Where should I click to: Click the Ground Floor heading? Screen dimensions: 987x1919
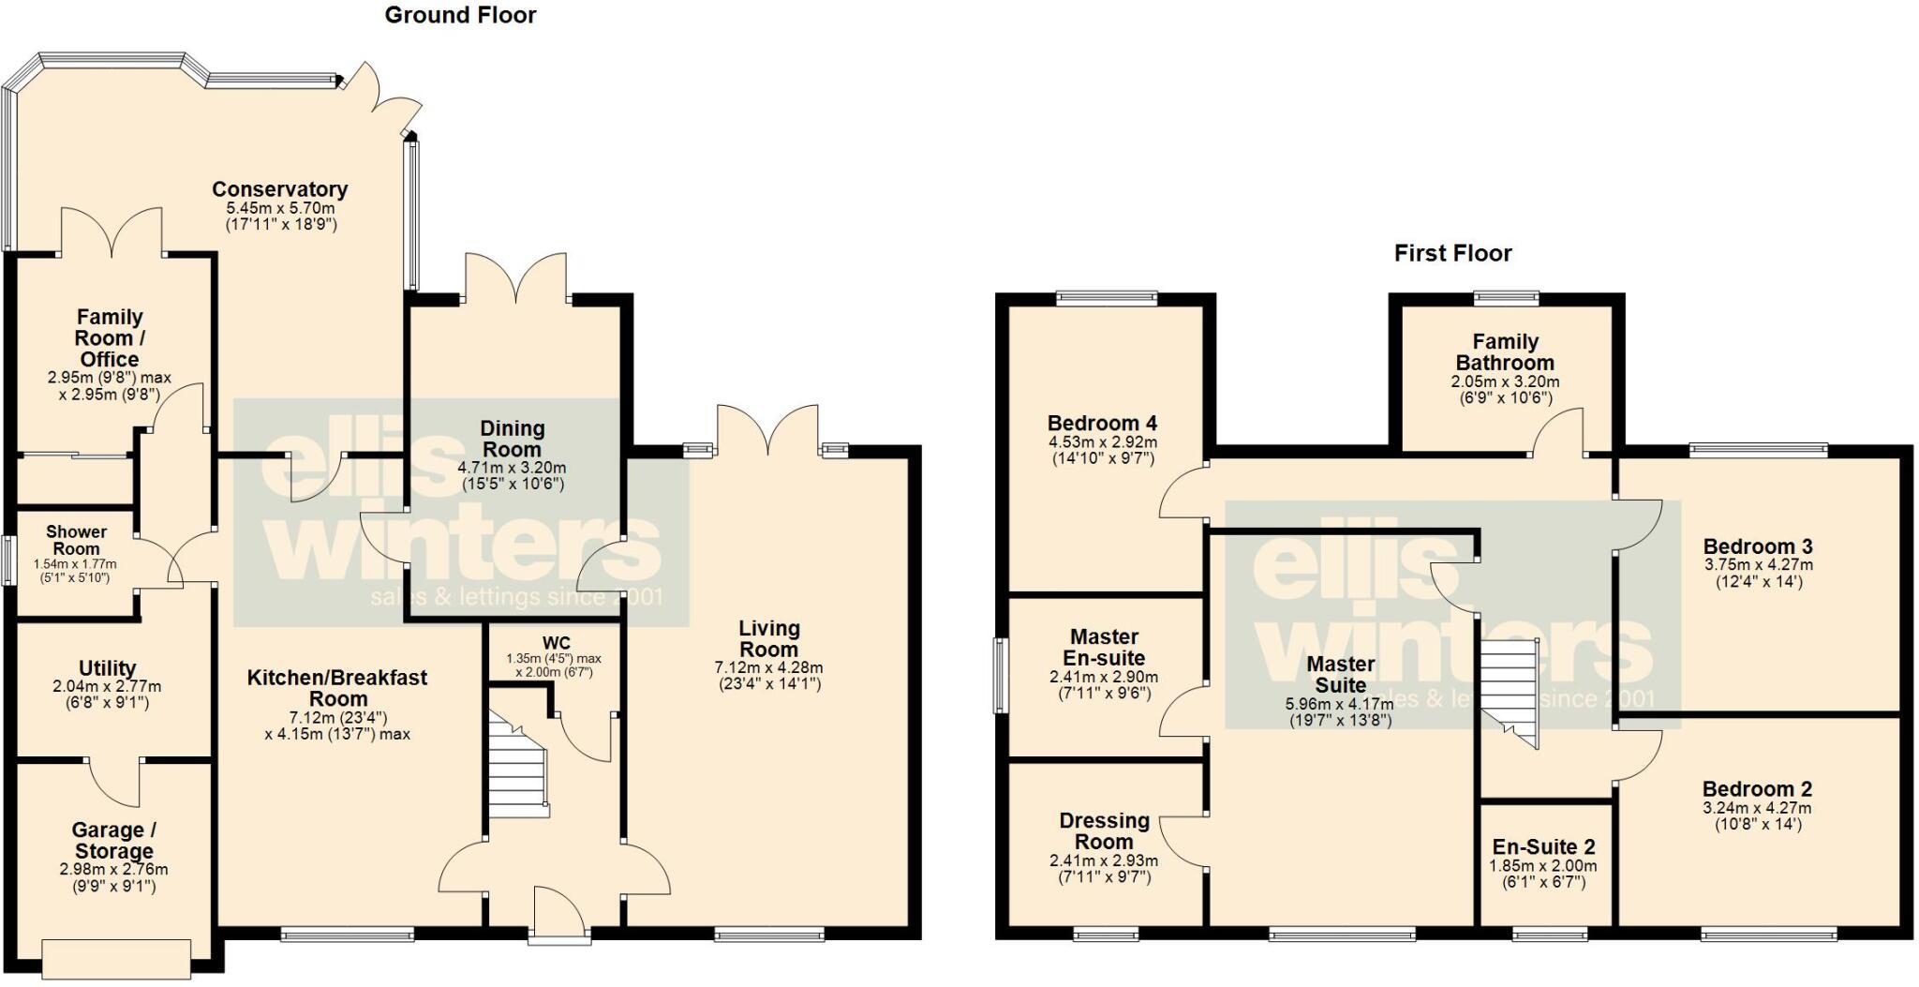click(460, 15)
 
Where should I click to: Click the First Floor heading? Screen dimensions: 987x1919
click(1452, 253)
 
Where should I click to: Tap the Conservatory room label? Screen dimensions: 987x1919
click(279, 189)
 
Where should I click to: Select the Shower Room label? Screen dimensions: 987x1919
click(76, 540)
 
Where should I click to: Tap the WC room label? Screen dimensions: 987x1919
click(556, 643)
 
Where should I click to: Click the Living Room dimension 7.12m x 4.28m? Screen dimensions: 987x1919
click(768, 667)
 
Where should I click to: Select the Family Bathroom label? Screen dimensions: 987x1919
click(1505, 352)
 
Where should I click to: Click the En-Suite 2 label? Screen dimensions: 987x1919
click(1543, 846)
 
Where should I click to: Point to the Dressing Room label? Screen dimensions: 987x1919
click(1104, 831)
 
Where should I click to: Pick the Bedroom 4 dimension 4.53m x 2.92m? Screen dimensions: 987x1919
click(1102, 442)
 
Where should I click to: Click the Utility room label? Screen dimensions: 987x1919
click(107, 668)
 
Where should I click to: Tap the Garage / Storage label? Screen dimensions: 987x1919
click(113, 841)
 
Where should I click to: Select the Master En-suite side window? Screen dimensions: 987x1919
click(1001, 676)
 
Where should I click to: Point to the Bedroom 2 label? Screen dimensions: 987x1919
click(1757, 789)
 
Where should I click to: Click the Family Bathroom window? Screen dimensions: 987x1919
click(1506, 299)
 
